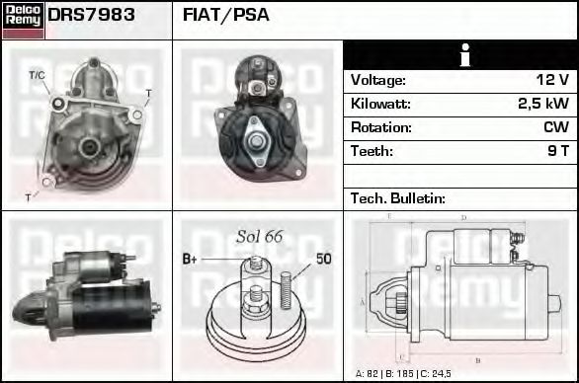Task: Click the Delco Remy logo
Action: point(23,20)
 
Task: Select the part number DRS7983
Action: point(92,16)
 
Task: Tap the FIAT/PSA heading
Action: point(226,16)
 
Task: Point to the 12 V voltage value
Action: point(552,80)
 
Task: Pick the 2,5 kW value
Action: point(543,104)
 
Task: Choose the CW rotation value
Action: point(555,127)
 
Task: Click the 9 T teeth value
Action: point(557,151)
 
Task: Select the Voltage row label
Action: point(378,80)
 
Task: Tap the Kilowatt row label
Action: point(381,104)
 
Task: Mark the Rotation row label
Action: point(380,127)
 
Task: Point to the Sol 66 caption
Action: point(259,237)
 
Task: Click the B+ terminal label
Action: point(191,259)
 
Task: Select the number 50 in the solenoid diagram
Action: point(323,259)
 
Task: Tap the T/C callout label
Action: point(37,75)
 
